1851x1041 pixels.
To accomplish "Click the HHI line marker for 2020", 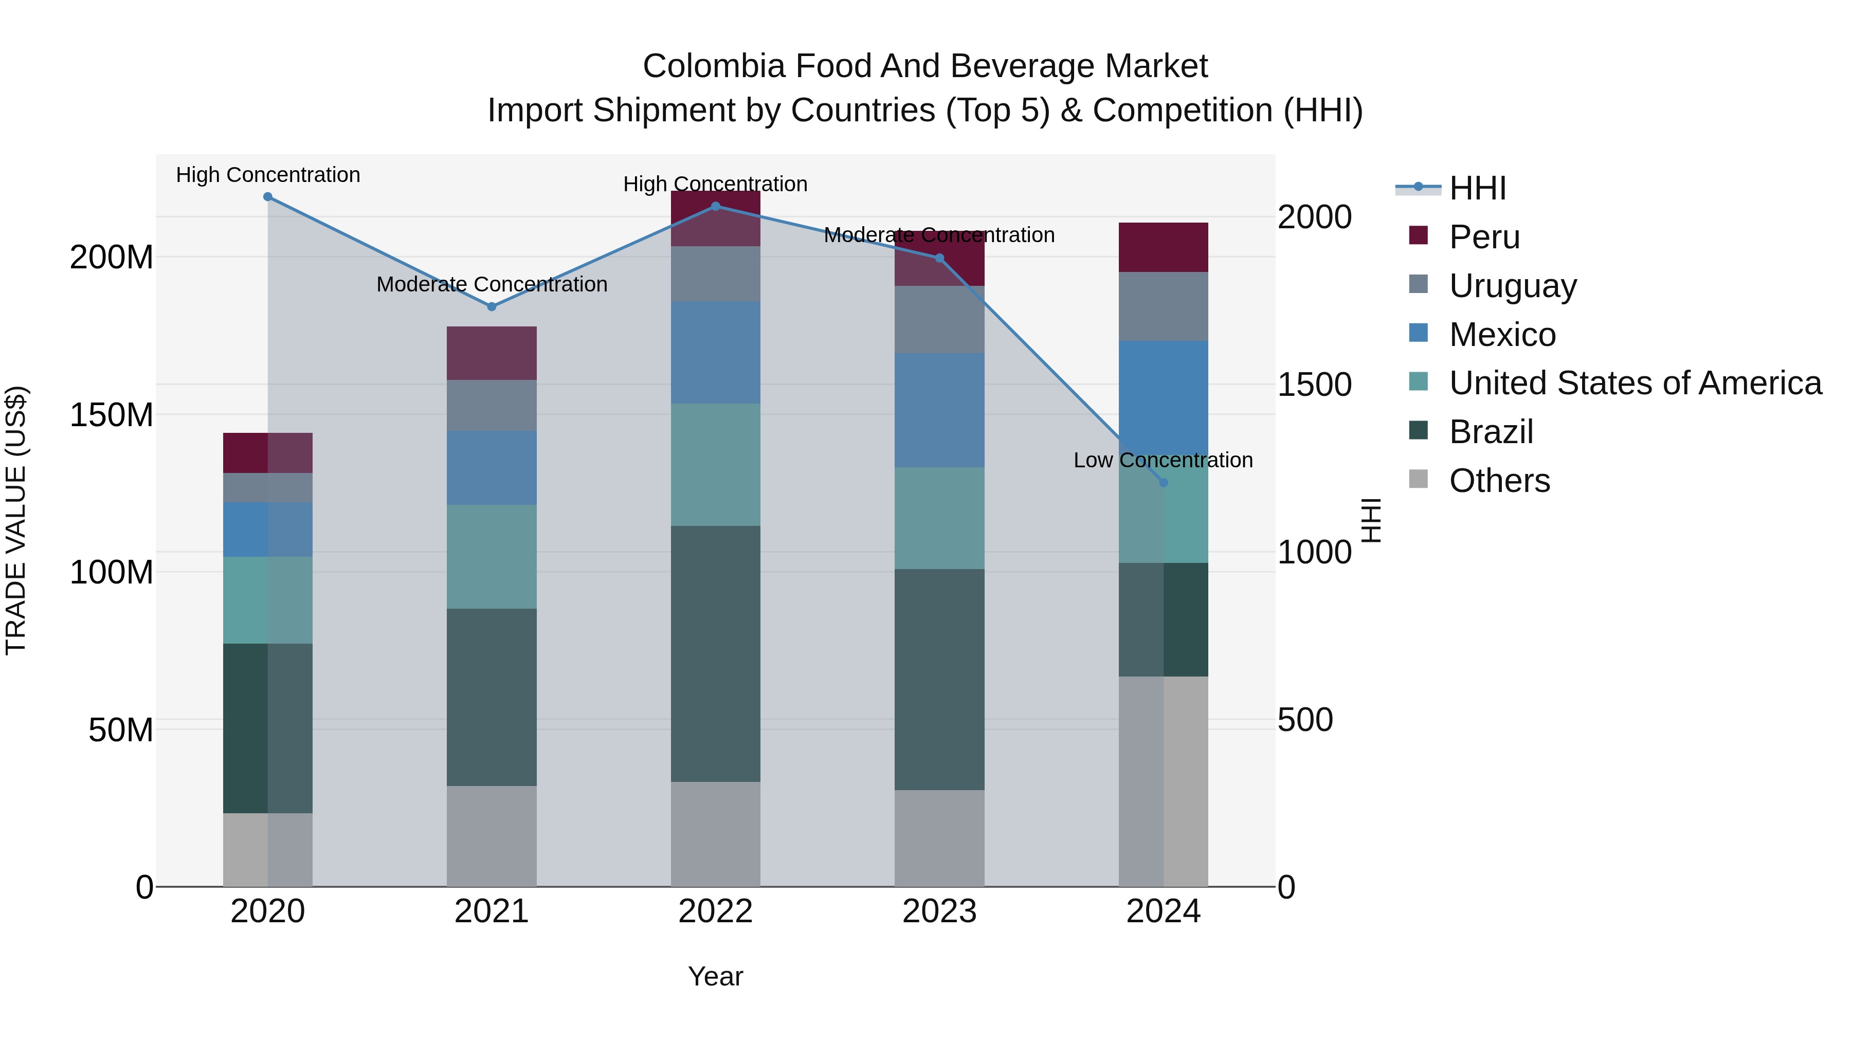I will pos(267,197).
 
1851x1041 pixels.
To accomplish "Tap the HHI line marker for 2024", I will pos(1164,483).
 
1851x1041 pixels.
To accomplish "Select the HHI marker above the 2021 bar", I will pos(492,307).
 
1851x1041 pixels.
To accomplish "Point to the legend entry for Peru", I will pos(1484,237).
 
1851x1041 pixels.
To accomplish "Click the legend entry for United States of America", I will pos(1635,383).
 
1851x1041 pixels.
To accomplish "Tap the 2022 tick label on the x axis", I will pos(715,911).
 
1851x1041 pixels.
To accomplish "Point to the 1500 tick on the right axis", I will pos(1314,385).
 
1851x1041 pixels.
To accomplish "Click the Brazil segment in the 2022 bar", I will pos(715,654).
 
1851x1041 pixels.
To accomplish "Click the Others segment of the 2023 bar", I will pos(939,838).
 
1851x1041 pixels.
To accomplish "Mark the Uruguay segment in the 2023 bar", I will pos(939,320).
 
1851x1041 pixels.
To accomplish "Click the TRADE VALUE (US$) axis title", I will pos(16,520).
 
